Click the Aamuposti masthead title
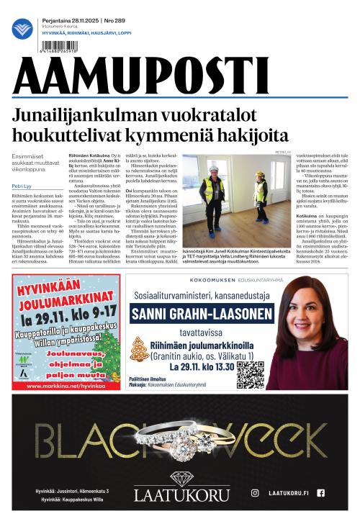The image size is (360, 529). pyautogui.click(x=140, y=75)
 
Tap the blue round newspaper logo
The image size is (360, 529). pyautogui.click(x=22, y=29)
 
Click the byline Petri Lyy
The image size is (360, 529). pyautogui.click(x=21, y=186)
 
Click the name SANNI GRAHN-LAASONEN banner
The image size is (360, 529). pyautogui.click(x=202, y=313)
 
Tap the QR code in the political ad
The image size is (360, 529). pyautogui.click(x=250, y=374)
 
